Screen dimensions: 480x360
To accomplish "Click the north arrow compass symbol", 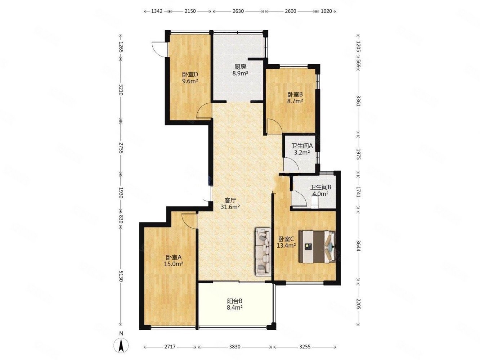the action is [x=121, y=346].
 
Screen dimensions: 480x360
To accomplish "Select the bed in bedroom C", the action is [x=317, y=246].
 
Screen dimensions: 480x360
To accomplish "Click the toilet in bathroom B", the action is [x=315, y=202].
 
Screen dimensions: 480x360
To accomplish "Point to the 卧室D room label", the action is [x=190, y=75].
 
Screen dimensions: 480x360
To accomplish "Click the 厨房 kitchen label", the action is [x=240, y=67].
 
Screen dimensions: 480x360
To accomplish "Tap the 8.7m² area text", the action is [x=295, y=101].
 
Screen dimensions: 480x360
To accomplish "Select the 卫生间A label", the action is [x=302, y=146].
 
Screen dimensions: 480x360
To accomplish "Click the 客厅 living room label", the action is [x=230, y=200].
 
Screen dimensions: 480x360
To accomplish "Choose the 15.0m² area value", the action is [x=174, y=264].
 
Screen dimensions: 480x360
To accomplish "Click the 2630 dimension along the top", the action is [x=238, y=11].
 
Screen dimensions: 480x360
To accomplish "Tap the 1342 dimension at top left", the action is [x=157, y=11].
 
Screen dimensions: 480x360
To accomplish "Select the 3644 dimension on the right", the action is [x=358, y=246].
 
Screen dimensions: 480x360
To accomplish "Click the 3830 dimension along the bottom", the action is [x=235, y=347].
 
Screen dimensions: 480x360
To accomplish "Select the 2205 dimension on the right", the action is [x=358, y=304].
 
